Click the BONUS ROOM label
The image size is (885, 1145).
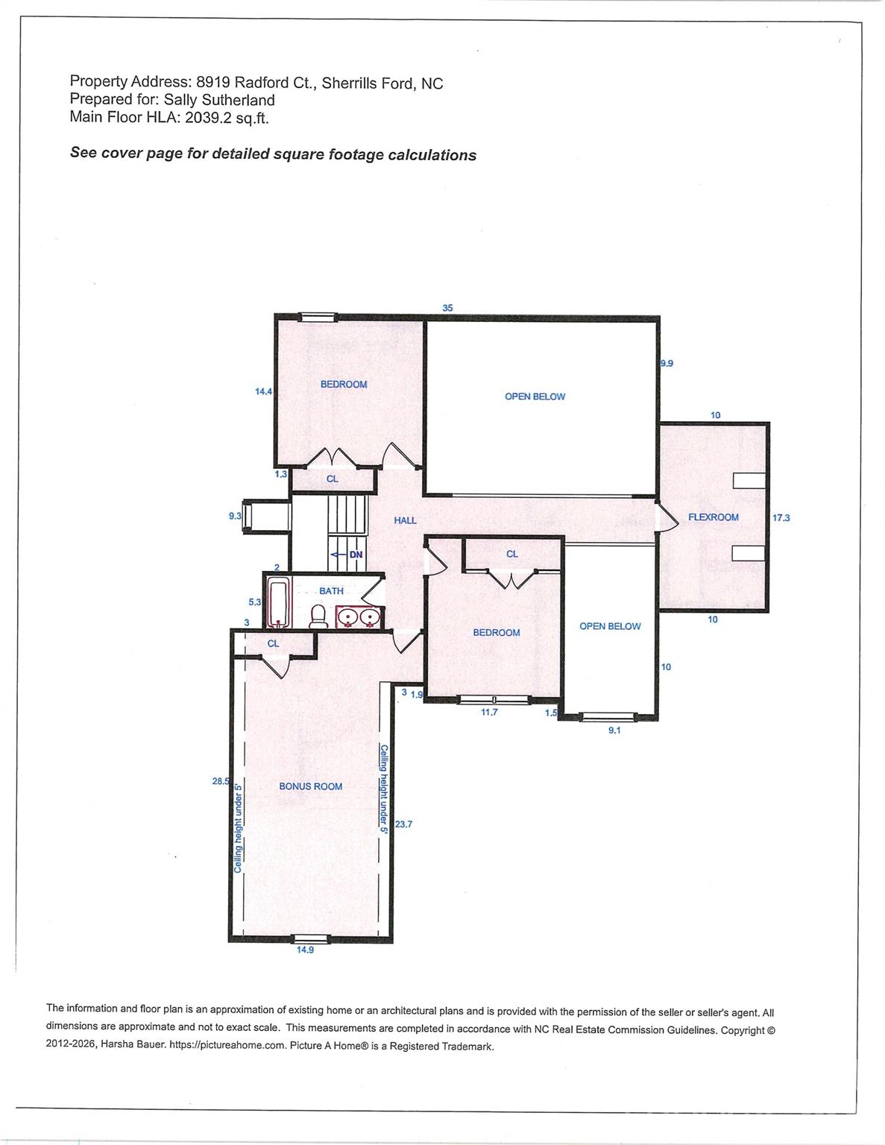pos(310,786)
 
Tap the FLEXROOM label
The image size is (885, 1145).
pos(714,517)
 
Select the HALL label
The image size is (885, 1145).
pos(405,520)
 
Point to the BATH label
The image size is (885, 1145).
pos(331,590)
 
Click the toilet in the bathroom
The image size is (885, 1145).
pos(318,617)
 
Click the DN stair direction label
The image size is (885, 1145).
pos(356,555)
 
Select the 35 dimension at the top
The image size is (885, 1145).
pos(447,308)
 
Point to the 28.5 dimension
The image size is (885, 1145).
pos(221,781)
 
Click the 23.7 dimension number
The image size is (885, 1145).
pos(403,824)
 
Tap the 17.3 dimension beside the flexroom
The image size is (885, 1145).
pos(781,518)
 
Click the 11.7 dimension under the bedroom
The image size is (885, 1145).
pos(489,713)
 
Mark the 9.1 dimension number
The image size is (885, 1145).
pos(614,731)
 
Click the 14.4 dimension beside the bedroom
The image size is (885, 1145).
pos(263,391)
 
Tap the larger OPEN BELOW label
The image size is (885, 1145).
pos(535,397)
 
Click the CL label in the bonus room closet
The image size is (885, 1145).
pos(273,643)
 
